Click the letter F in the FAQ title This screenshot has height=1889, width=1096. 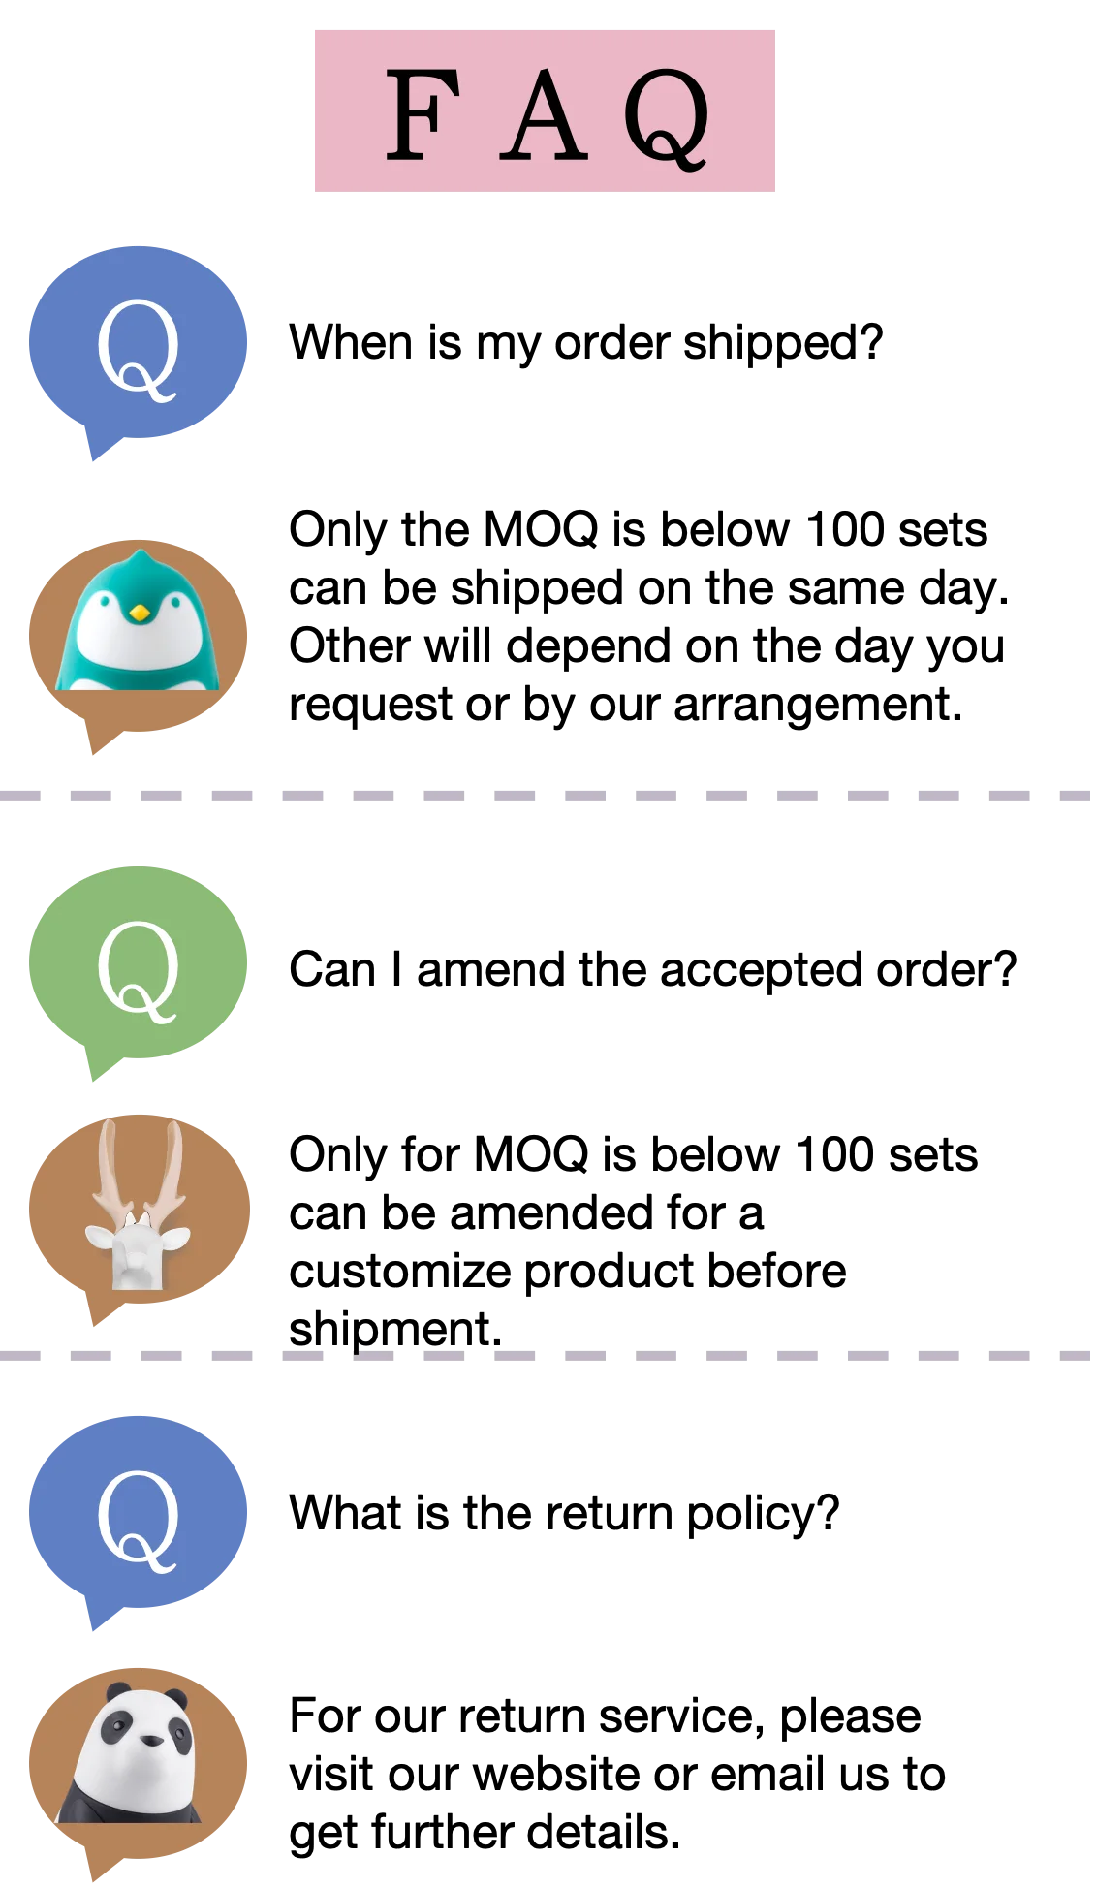[x=423, y=114]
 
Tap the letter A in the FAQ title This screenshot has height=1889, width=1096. [x=544, y=116]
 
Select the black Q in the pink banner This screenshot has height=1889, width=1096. [x=667, y=116]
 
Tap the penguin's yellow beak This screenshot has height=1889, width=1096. [x=140, y=613]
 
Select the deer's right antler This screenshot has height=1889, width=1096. [x=172, y=1163]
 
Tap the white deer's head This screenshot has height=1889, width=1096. [x=137, y=1250]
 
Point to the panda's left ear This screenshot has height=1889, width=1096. [x=117, y=1692]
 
